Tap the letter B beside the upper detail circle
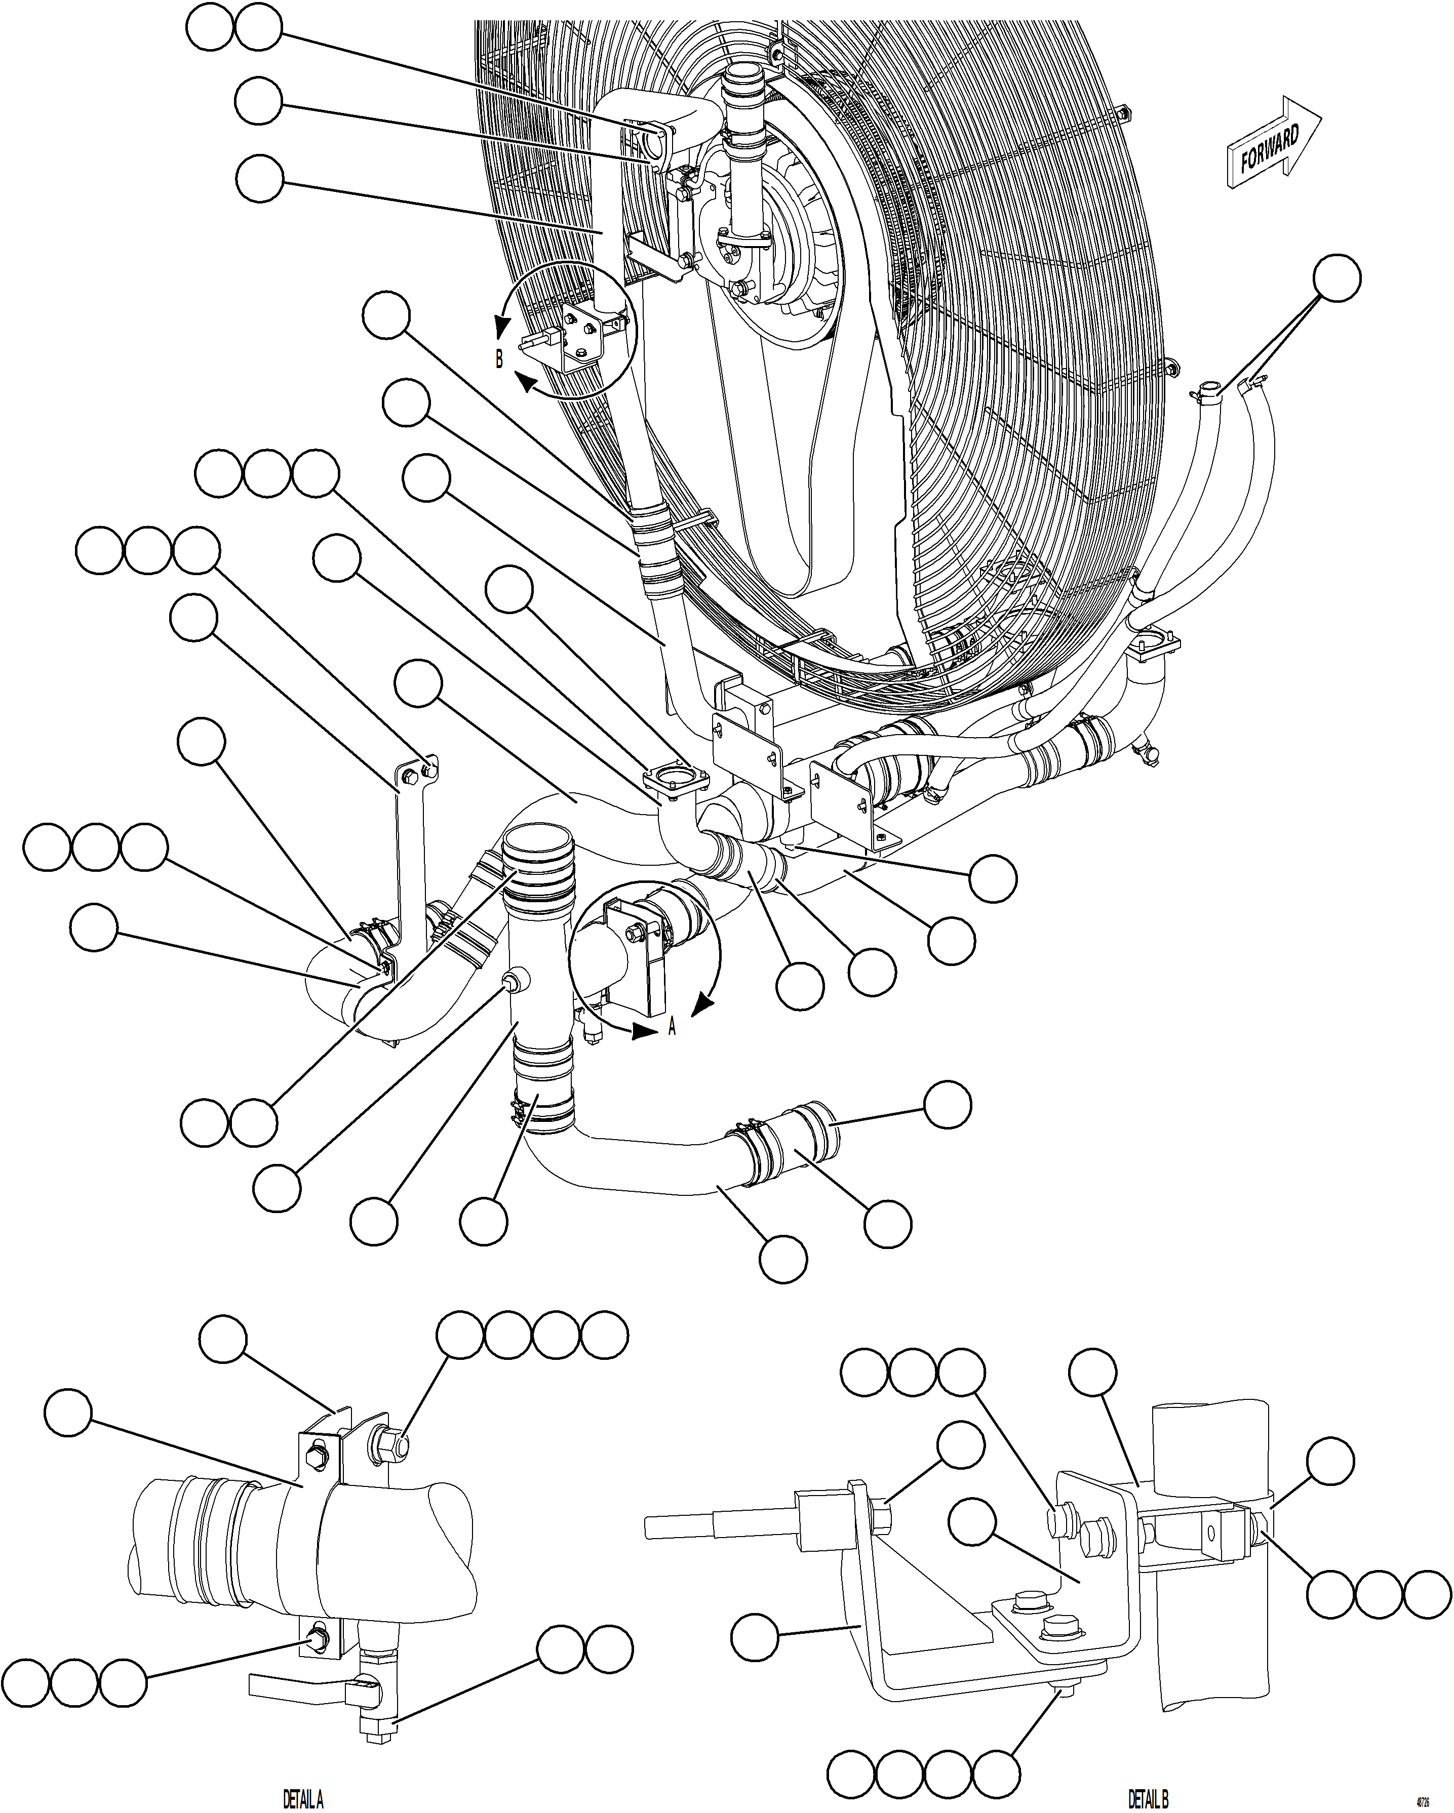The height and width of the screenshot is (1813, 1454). (x=499, y=359)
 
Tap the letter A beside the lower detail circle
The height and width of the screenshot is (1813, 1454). (x=672, y=1027)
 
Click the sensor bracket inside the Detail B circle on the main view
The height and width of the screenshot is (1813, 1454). (x=580, y=336)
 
